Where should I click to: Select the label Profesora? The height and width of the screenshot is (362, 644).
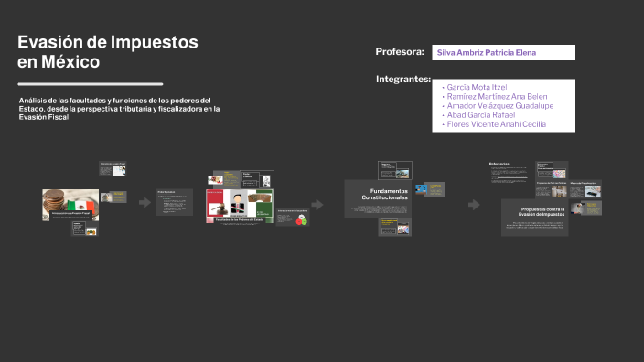click(399, 51)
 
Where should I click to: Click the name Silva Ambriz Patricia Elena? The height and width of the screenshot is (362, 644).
click(487, 53)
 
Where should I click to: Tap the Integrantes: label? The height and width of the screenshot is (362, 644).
click(402, 80)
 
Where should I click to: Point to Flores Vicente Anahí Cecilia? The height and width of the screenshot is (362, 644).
click(496, 123)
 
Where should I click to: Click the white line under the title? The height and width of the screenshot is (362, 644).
click(90, 83)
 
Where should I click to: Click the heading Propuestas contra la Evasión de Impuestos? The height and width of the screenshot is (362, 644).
click(534, 211)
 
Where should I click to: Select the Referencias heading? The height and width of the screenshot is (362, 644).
click(499, 164)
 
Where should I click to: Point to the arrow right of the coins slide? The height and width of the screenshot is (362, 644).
click(145, 203)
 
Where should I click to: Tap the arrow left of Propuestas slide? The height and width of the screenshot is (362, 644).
click(474, 204)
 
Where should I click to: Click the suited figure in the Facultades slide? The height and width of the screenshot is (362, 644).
click(235, 202)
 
